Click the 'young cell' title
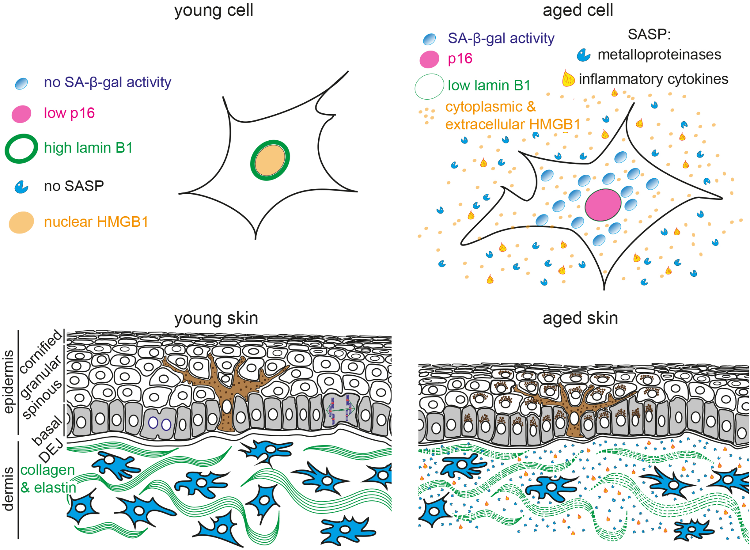(x=213, y=10)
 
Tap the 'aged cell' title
(x=578, y=10)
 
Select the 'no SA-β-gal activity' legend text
(x=107, y=82)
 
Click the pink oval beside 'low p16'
(x=21, y=114)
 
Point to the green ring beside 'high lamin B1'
(x=21, y=149)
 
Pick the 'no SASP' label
(x=74, y=186)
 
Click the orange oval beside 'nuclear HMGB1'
(x=21, y=222)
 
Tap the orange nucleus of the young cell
(x=270, y=160)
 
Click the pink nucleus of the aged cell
(x=603, y=205)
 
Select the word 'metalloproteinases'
(x=659, y=55)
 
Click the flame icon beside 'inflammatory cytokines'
(x=568, y=78)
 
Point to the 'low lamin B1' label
(x=489, y=85)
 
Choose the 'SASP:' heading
(x=649, y=34)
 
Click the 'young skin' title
(x=216, y=318)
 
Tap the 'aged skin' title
(x=580, y=318)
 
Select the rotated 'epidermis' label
(x=9, y=382)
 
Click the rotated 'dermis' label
(x=9, y=489)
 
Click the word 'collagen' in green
(x=47, y=470)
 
